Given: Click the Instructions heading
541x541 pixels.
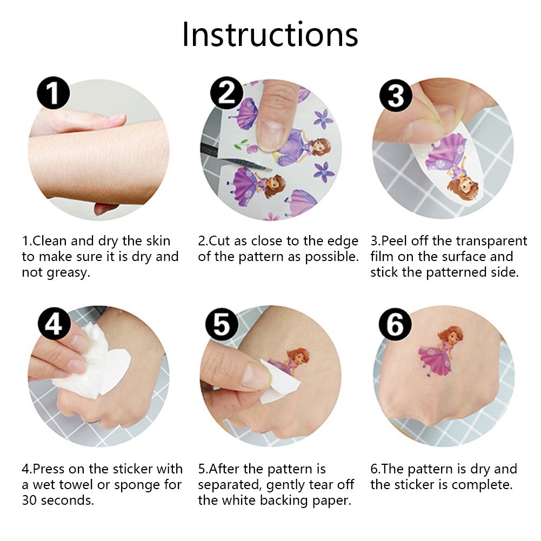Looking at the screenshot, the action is (270, 34).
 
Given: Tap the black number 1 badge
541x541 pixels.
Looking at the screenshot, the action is (54, 93).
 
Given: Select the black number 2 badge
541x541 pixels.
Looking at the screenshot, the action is (226, 93).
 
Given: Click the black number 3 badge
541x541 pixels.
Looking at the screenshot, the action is (396, 96).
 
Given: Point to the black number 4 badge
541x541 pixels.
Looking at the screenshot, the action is (54, 324).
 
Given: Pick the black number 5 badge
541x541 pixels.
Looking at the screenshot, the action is (222, 324).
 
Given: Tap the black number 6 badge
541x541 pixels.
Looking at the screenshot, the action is (396, 324).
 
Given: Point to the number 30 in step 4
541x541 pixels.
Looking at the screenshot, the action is (29, 500).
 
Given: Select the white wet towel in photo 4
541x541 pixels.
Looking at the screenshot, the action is (93, 362).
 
